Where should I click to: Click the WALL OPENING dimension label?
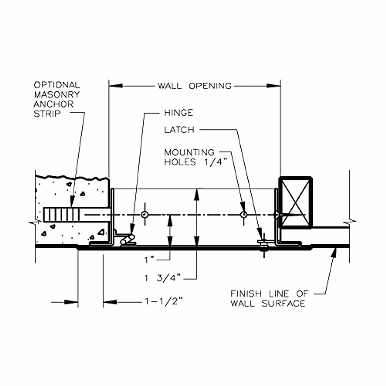click(x=194, y=86)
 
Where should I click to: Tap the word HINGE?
click(x=179, y=113)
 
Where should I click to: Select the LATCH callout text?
click(x=179, y=130)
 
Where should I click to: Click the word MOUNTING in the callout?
click(x=189, y=152)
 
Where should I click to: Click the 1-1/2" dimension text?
click(x=164, y=302)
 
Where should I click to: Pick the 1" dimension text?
click(x=150, y=260)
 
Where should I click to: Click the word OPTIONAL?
click(x=57, y=85)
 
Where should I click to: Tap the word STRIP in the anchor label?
click(x=47, y=114)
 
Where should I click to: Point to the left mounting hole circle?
click(x=145, y=214)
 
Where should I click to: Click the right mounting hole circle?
click(x=244, y=214)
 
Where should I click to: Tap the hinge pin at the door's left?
click(x=128, y=240)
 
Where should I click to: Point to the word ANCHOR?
click(x=53, y=104)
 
